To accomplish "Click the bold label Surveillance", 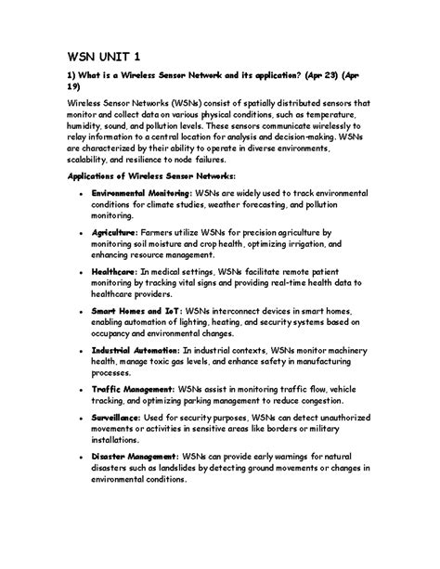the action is pos(116,420).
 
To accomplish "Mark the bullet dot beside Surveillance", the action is pos(82,420).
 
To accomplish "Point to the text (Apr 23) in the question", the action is pos(317,77).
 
